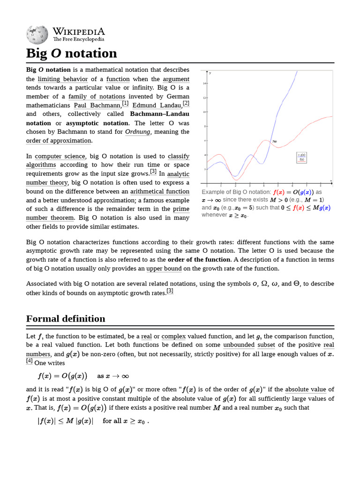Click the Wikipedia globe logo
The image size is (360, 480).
[x=37, y=34]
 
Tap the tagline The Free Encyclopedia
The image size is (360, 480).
[x=78, y=40]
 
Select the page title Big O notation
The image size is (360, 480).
[x=71, y=53]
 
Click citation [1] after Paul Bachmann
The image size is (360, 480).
[x=125, y=103]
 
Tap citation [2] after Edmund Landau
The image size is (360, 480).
[x=186, y=103]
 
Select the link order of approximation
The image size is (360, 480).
[x=59, y=141]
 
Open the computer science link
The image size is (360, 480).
[x=60, y=156]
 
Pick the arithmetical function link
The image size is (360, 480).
[x=160, y=191]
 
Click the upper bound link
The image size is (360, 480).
[x=164, y=269]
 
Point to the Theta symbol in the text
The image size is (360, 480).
[x=296, y=284]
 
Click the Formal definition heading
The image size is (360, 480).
[x=66, y=319]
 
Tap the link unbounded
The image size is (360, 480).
[x=239, y=345]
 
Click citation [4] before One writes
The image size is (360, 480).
[x=29, y=360]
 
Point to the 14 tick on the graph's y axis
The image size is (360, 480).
[x=204, y=83]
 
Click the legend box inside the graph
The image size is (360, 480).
[x=301, y=157]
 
